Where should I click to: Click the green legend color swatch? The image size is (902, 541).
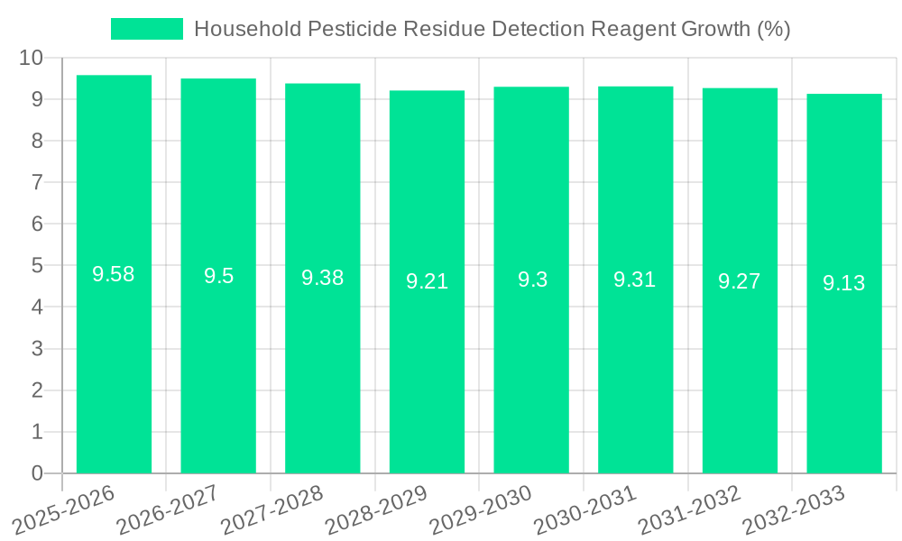pos(146,29)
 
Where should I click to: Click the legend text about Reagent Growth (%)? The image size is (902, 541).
pos(492,29)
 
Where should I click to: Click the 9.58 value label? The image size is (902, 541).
pos(114,274)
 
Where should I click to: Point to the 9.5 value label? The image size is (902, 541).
pos(218,276)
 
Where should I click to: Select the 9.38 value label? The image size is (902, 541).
pos(322,278)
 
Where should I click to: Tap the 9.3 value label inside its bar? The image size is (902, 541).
pos(531,280)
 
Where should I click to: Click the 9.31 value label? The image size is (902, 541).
pos(635,280)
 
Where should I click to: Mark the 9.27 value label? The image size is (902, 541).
pos(740,281)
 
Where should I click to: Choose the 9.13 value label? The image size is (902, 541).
pos(843,283)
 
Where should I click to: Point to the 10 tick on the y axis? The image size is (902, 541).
pos(32,58)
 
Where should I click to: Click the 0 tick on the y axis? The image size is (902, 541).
pos(37,473)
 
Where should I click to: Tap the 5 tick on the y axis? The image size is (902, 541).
pos(37,266)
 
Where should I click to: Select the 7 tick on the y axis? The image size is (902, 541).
pos(37,182)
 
